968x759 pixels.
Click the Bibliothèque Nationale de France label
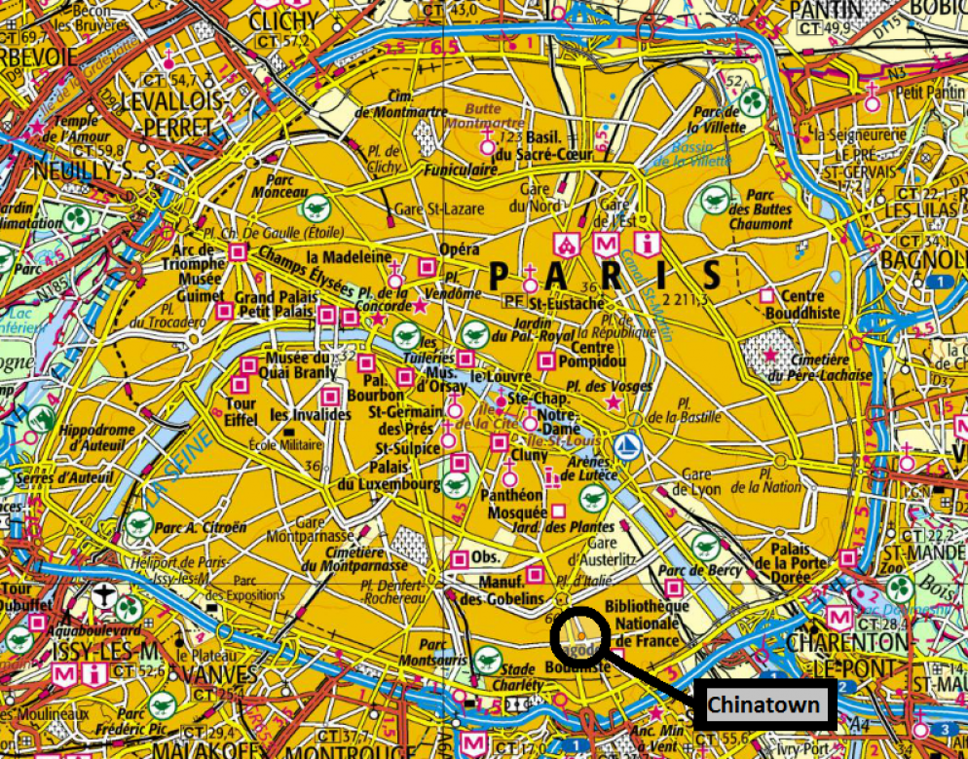point(647,623)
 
